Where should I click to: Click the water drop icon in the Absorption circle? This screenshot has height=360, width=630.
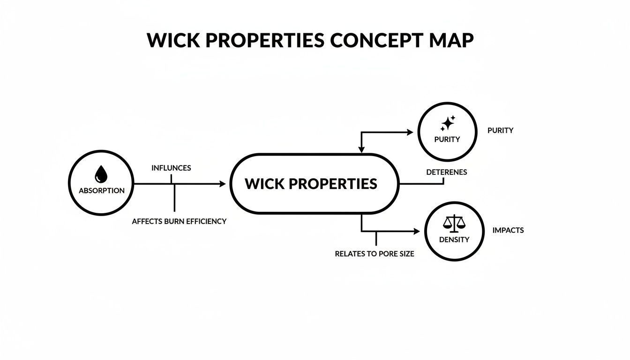pos(101,174)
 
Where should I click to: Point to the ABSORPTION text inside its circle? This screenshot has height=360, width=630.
pos(102,191)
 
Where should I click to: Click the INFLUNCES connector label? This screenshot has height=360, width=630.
pos(171,168)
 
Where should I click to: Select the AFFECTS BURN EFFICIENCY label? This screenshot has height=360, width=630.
pos(179,221)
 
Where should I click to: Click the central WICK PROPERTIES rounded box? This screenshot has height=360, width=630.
pos(314,184)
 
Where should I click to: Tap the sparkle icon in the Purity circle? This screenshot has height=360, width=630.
pos(448,123)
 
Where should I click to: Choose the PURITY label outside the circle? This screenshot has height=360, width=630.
pos(500,130)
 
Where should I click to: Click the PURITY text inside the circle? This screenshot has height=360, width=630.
pos(447,139)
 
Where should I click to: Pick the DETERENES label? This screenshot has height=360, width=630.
pos(446,172)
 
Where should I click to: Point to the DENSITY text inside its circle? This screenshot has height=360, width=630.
pos(454,240)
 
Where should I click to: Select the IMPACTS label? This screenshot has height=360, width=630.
pos(508,230)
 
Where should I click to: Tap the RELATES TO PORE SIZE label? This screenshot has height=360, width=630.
pos(375,254)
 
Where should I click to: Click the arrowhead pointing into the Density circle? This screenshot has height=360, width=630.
pos(417,231)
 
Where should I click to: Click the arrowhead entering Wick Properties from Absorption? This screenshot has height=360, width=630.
pos(223,184)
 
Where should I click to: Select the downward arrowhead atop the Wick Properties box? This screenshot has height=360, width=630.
pos(361,150)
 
